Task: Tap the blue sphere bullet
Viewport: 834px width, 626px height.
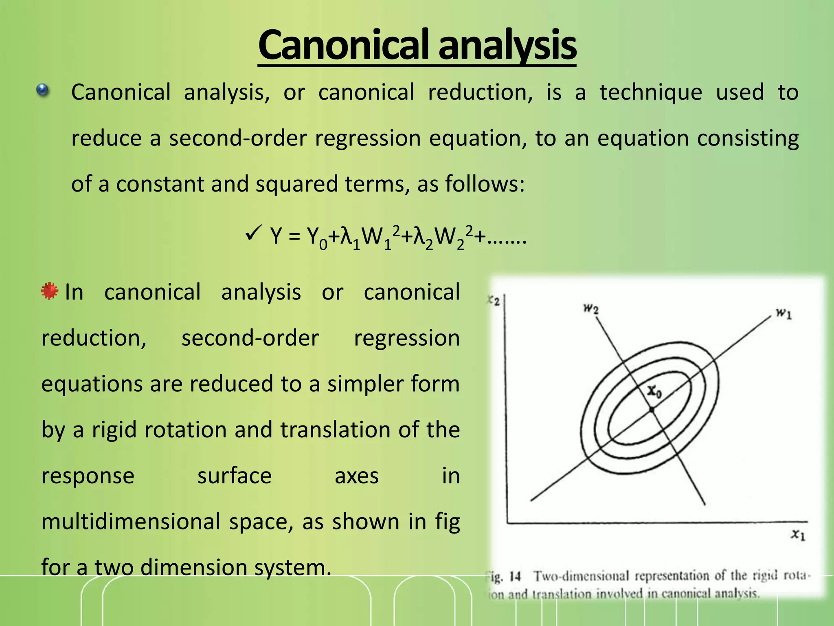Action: (42, 90)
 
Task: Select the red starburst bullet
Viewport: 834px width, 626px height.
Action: (49, 291)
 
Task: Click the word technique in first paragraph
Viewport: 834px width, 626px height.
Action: (650, 93)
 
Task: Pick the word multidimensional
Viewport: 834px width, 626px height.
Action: (131, 522)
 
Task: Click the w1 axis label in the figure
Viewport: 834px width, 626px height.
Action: (783, 314)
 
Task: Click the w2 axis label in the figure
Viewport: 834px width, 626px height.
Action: (591, 309)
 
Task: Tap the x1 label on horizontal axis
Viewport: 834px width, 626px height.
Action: (798, 535)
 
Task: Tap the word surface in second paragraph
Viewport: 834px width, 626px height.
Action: (234, 476)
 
